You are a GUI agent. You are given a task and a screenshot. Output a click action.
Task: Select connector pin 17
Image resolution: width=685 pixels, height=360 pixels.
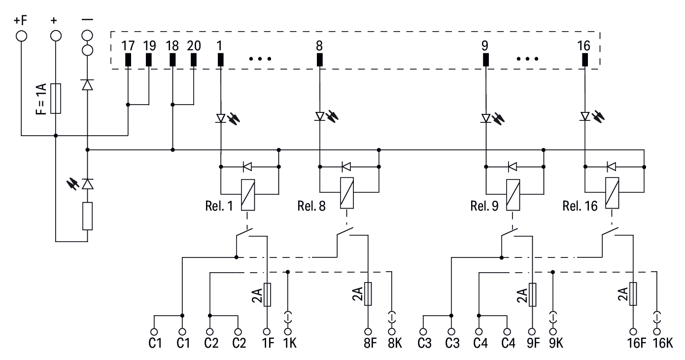point(128,60)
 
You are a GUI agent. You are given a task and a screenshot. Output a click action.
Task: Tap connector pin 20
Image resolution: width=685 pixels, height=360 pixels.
point(194,60)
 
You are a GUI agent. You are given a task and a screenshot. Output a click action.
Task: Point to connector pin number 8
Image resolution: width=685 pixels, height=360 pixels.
point(319,60)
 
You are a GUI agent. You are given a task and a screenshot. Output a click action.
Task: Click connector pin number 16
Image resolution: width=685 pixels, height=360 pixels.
point(585,60)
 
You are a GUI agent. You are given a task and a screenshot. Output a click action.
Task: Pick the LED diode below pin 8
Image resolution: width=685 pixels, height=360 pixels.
point(320,117)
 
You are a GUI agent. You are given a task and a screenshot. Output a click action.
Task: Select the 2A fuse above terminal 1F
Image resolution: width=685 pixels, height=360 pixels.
point(267,294)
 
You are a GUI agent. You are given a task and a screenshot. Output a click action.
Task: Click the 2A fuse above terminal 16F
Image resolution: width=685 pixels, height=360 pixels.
point(633,294)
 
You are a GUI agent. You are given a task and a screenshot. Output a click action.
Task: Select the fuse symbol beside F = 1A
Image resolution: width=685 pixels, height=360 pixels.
point(55,98)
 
